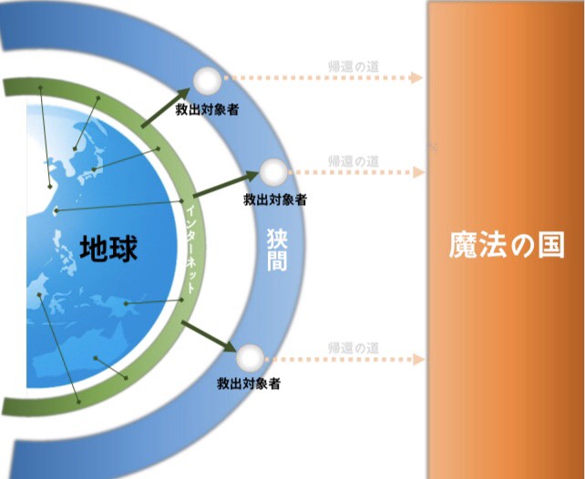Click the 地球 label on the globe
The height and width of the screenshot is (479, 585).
click(108, 248)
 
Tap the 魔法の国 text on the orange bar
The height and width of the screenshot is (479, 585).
click(507, 245)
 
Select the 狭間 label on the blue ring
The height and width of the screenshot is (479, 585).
click(277, 250)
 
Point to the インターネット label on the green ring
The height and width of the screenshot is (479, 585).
click(190, 249)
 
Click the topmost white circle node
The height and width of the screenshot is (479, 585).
click(207, 80)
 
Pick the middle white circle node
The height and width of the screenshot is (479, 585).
click(273, 172)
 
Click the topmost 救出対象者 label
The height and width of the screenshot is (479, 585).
click(207, 109)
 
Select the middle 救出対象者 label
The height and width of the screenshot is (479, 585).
click(275, 199)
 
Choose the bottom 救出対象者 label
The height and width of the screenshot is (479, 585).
click(249, 383)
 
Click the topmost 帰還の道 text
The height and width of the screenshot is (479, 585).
click(354, 66)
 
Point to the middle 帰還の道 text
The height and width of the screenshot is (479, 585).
click(354, 161)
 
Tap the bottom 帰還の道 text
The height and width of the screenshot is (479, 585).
click(354, 348)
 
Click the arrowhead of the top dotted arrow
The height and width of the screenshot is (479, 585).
click(416, 77)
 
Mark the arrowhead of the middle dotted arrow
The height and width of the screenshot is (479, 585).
click(418, 172)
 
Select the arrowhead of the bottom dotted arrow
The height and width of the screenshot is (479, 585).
click(418, 360)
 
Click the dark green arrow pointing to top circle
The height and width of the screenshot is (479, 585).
click(166, 108)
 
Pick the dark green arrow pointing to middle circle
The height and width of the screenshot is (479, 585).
click(226, 184)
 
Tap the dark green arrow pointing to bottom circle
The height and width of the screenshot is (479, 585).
click(210, 336)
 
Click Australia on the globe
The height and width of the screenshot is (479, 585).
click(80, 352)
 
